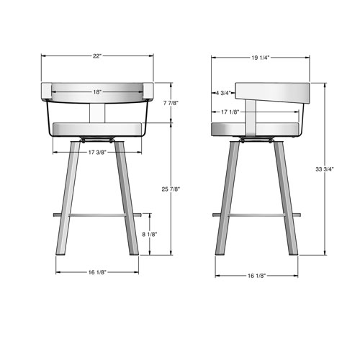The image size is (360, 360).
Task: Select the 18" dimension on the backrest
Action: click(x=97, y=92)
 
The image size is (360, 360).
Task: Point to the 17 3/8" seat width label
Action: click(x=97, y=153)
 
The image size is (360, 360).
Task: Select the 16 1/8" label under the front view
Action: click(x=97, y=272)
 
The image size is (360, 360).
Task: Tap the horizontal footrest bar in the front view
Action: click(x=97, y=215)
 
